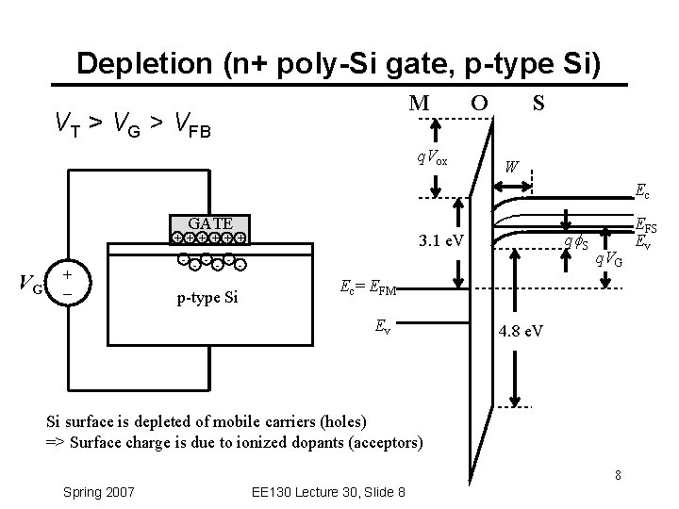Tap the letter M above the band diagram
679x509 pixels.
[420, 101]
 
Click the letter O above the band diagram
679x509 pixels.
[479, 101]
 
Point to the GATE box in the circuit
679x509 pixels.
[211, 223]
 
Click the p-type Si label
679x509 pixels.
[208, 299]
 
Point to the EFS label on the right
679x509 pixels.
[646, 226]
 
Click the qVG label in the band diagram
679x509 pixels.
[607, 257]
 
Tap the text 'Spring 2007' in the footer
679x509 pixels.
[98, 491]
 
